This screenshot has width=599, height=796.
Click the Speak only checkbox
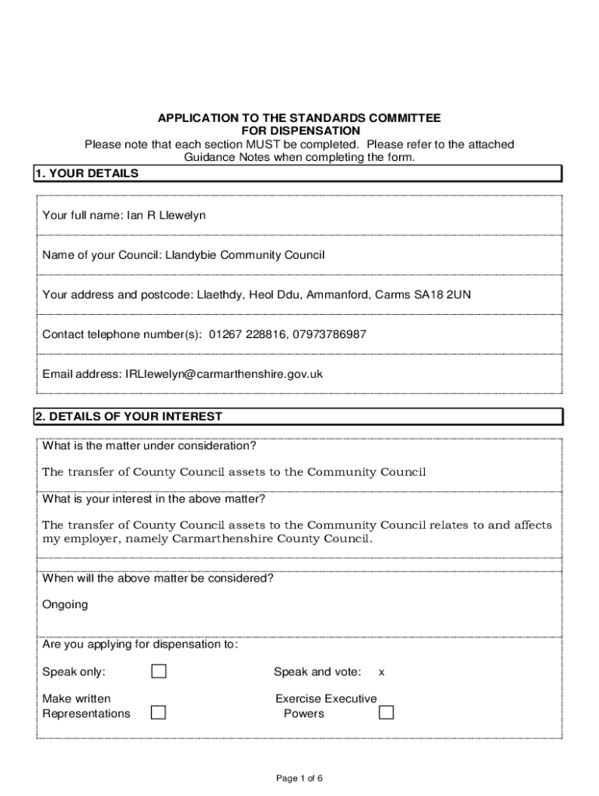point(159,672)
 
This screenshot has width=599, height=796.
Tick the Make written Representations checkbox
point(159,712)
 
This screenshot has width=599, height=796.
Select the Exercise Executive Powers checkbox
point(386,712)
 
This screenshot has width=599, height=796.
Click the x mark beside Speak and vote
point(381,672)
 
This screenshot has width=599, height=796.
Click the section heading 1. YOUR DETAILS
point(86,174)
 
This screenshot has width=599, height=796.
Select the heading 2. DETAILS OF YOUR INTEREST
point(128,417)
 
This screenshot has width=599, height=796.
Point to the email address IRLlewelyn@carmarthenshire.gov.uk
point(223,374)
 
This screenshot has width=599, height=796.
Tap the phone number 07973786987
point(329,334)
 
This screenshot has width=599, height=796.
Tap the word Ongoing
point(65,605)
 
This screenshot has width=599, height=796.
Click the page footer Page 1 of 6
point(299,778)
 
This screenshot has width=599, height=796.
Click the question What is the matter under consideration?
point(149,446)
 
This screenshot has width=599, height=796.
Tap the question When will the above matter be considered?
point(157,578)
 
